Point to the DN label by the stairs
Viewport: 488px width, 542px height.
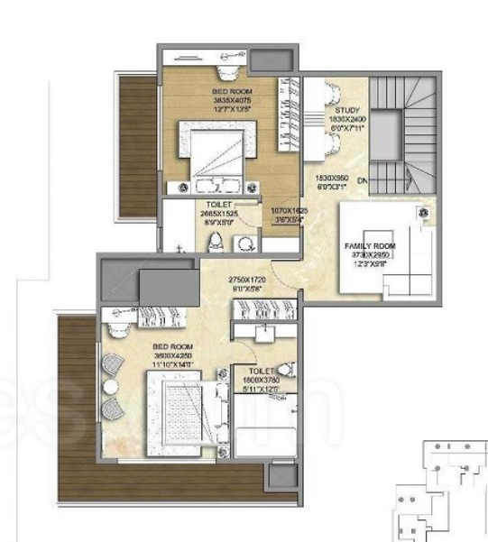[x=361, y=181]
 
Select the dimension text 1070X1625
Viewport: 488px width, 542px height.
[x=290, y=210]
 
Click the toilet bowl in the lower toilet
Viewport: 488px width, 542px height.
[x=285, y=369]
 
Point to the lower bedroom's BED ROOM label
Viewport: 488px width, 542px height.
[x=170, y=347]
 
